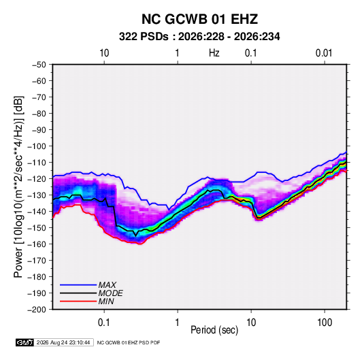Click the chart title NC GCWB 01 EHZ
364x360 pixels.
[199, 19]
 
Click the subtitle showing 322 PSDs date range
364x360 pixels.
[199, 37]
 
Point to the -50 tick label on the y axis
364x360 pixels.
[39, 65]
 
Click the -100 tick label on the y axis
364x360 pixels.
[37, 146]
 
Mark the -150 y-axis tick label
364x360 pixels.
[37, 228]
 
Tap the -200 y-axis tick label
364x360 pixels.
[37, 310]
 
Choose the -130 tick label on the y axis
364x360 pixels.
[37, 195]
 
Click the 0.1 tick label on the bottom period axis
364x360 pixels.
[104, 323]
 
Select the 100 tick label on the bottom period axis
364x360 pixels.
[325, 323]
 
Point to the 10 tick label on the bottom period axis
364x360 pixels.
[251, 323]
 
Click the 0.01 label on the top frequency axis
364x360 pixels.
[324, 53]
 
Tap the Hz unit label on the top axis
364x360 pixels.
[214, 53]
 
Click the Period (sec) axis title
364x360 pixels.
[214, 330]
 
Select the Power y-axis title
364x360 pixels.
[18, 187]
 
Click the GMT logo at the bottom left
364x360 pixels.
[24, 342]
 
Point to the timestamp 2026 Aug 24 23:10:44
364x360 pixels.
[63, 342]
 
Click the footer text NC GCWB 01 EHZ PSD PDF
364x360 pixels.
[129, 343]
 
